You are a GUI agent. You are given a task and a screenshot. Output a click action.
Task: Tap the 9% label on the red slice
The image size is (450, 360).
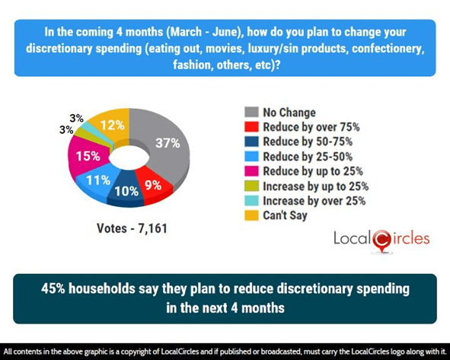(x=152, y=183)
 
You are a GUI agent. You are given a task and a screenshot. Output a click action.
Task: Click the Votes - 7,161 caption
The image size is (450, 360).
(x=132, y=228)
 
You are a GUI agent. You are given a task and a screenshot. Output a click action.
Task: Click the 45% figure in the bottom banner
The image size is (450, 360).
(x=54, y=290)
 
